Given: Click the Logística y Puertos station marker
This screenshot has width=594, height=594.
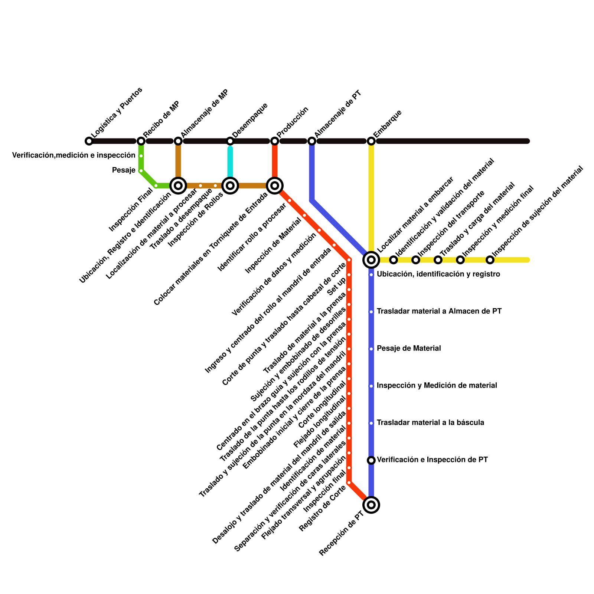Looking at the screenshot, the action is pos(89,141).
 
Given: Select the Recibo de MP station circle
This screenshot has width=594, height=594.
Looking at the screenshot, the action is pos(141,141).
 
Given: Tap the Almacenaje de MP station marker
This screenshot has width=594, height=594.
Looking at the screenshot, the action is pos(178,141).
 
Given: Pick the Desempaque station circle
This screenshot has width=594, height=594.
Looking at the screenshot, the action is pos(230,141).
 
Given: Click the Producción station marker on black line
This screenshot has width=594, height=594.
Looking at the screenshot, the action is pos(275,141).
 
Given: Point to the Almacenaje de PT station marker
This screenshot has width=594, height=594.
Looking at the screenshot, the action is pos(312,141).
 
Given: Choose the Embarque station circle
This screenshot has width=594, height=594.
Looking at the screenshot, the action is pos(371,141).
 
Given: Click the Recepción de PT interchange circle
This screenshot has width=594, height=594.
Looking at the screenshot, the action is pos(371,505).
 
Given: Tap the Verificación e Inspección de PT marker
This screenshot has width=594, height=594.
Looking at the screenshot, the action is pos(371,460).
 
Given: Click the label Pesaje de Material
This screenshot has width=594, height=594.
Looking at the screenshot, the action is pos(409,349).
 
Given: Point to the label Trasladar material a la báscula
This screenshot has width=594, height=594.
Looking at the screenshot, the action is pos(430,423).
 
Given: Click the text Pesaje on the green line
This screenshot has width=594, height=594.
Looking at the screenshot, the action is pos(124,170).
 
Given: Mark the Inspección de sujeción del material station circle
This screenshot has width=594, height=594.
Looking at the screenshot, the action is pos(490,260).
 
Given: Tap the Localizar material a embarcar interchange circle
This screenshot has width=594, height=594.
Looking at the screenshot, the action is pos(371,260).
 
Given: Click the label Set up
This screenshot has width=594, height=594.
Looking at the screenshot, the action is pos(337,287).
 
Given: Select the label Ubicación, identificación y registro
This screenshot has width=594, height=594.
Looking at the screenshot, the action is pos(438,274).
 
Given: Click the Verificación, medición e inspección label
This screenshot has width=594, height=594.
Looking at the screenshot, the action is pos(74,156).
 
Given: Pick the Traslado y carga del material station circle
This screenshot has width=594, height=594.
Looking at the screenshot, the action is pos(438,260).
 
